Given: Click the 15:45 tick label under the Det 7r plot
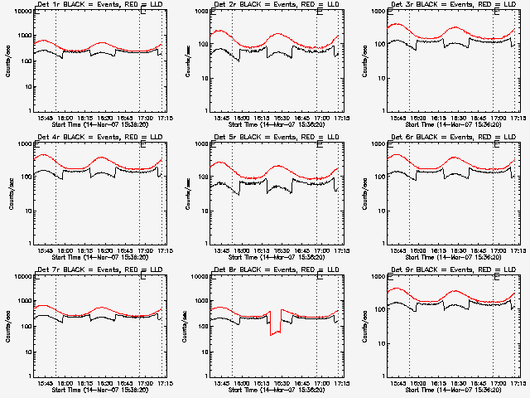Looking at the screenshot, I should click(46, 384).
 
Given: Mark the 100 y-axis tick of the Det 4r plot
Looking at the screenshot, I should click(23, 177).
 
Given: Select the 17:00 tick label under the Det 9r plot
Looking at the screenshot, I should click(497, 384).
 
